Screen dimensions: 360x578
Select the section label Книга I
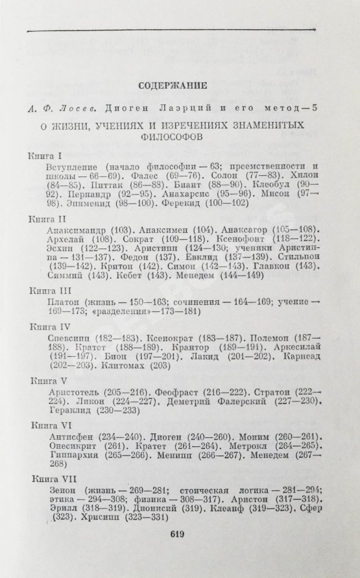[45, 156]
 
